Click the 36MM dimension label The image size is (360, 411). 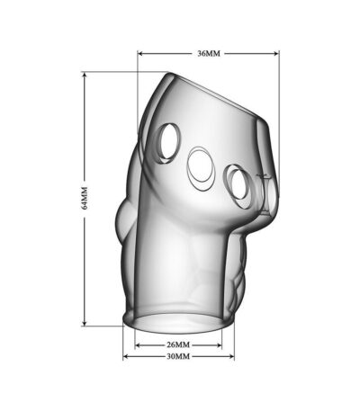coord(209,54)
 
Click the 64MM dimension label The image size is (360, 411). coord(85,198)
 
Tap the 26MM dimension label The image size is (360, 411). coord(178,345)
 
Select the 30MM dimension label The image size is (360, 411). coord(178,356)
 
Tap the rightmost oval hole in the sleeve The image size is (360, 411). coord(239,186)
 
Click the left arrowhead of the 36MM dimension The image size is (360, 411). coord(139,54)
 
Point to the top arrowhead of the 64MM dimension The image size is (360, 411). coord(85,75)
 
